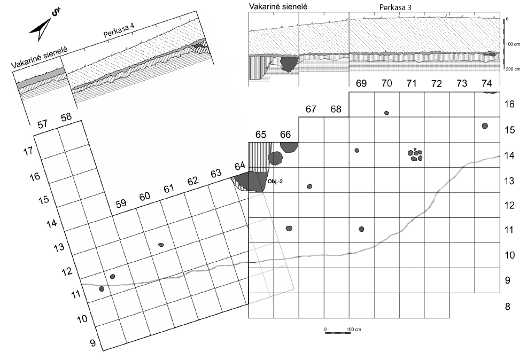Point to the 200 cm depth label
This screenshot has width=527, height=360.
[514, 70]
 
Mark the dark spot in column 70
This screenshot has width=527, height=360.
[386, 113]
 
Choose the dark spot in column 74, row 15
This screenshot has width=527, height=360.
[485, 126]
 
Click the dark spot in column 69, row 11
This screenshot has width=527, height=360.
[362, 229]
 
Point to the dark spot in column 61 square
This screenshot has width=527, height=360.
[161, 245]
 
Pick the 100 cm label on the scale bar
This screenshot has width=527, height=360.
[354, 328]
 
